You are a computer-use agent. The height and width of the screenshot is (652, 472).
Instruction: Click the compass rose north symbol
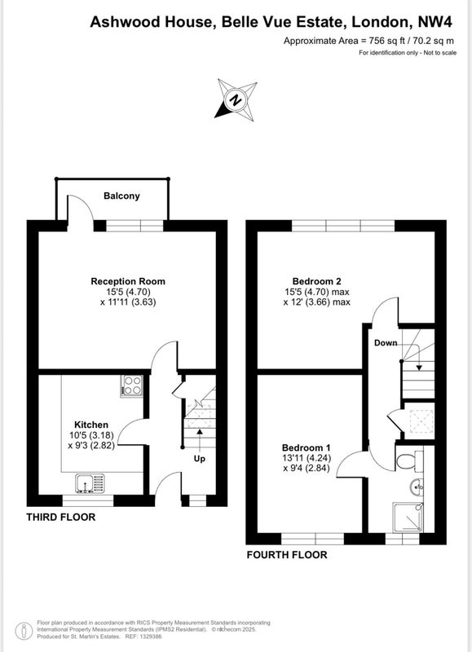pos(236,99)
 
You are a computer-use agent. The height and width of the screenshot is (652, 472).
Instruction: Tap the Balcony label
pos(121,196)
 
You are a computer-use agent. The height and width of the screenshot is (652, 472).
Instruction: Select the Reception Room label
pos(128,281)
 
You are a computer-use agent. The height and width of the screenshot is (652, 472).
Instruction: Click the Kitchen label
pos(91,425)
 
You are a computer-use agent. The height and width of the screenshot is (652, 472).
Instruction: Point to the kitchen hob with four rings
pos(132,385)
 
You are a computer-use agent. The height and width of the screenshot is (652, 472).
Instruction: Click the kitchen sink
pos(90,483)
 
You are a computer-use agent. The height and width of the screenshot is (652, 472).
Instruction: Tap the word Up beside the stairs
pos(200,459)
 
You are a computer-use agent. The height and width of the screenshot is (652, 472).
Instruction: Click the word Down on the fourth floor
pos(386,343)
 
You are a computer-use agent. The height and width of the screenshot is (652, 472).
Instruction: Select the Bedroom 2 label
pos(317,281)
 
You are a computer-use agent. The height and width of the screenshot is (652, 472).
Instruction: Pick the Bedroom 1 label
pos(306,447)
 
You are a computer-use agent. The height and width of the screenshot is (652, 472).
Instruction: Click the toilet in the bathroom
pos(409,460)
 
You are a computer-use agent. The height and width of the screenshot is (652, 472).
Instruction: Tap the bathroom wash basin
pos(416,487)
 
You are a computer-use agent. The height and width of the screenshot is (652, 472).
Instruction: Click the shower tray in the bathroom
pos(408,517)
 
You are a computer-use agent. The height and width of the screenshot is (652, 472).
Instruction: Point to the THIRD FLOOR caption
pos(60,518)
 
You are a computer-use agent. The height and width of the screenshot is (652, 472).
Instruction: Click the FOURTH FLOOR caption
pos(287,555)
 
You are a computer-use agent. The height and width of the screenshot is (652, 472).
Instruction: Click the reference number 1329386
pos(151,637)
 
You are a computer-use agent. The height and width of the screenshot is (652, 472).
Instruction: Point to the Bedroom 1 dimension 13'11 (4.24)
pos(306,458)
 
